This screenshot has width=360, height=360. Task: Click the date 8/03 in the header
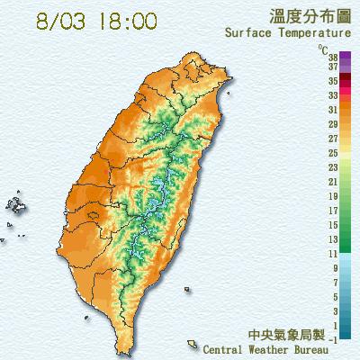click(60, 20)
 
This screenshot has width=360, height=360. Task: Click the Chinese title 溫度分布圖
click(305, 16)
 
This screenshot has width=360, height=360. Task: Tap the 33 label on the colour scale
click(333, 94)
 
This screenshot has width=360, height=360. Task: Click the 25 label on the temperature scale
click(333, 154)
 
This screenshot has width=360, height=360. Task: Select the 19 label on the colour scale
click(333, 195)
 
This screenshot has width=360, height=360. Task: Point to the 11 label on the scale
click(333, 255)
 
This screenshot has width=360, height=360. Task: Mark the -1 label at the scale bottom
click(333, 338)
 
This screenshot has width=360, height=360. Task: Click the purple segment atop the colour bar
click(321, 58)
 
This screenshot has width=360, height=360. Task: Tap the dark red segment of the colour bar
click(321, 87)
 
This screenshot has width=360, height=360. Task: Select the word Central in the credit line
click(227, 346)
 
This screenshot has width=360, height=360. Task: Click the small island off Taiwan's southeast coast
click(192, 343)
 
